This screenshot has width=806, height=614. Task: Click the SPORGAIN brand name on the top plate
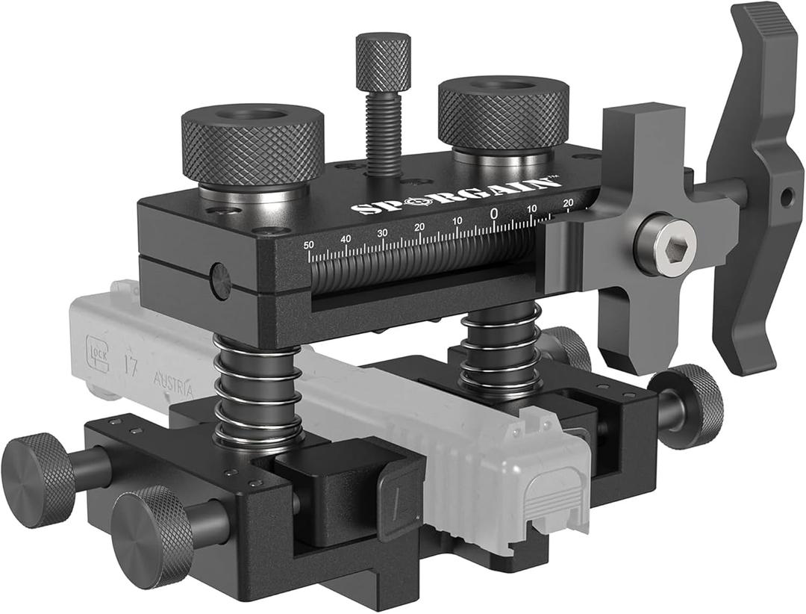pyautogui.click(x=455, y=196)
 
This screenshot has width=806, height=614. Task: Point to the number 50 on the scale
pyautogui.click(x=309, y=244)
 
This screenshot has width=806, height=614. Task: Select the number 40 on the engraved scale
pyautogui.click(x=346, y=238)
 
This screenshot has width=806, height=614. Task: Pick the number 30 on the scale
pyautogui.click(x=382, y=233)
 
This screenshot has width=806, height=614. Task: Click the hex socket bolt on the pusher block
pyautogui.click(x=665, y=244)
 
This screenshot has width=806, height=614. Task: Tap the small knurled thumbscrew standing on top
pyautogui.click(x=383, y=55)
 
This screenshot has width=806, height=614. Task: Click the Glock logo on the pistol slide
pyautogui.click(x=98, y=347)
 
